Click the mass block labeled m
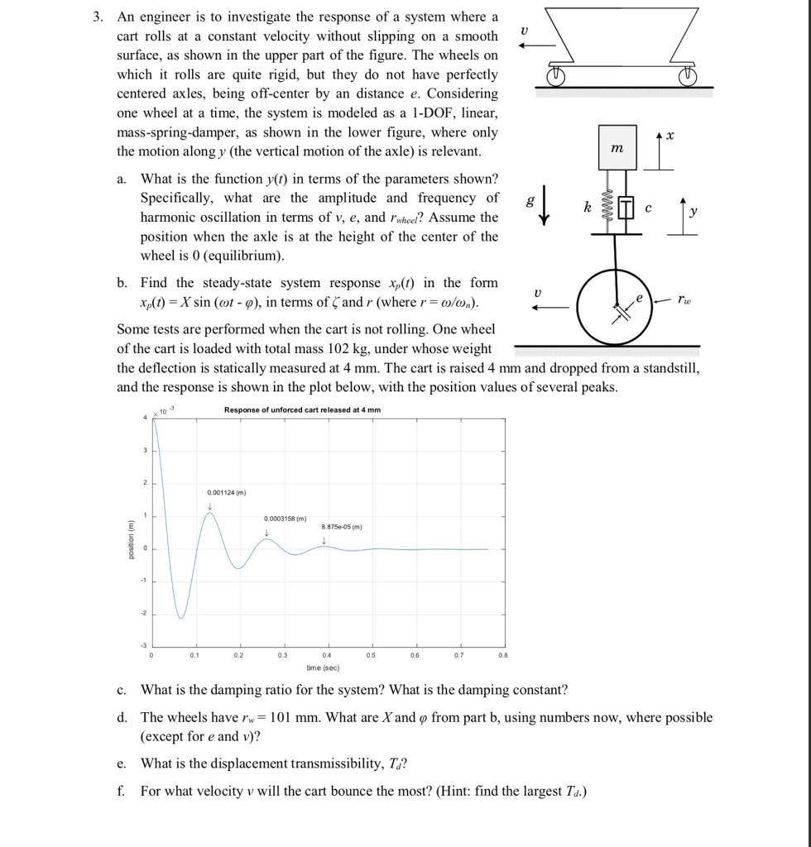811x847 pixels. point(617,147)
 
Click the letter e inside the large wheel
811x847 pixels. point(638,294)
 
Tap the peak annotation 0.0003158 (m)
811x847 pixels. point(285,518)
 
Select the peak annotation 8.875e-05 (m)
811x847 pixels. point(342,527)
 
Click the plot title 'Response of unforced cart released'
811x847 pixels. point(302,410)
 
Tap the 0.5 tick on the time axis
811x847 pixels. point(372,655)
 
